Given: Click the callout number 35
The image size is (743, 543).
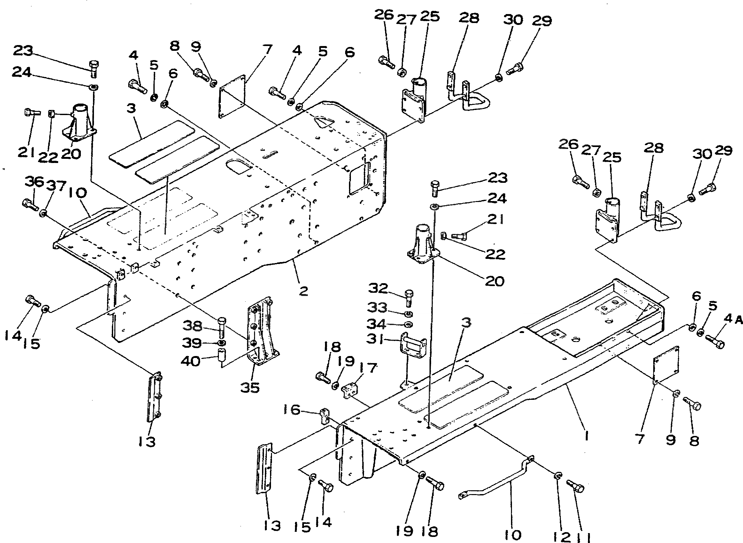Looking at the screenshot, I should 250,388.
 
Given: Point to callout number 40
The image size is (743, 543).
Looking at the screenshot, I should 190,361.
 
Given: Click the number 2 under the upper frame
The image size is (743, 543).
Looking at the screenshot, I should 303,291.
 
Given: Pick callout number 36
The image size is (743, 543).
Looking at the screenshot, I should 34,182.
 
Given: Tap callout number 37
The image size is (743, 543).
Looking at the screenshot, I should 56,186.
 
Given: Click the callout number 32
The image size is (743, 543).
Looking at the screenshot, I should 378,288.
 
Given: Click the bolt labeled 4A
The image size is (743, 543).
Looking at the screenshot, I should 715,342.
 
